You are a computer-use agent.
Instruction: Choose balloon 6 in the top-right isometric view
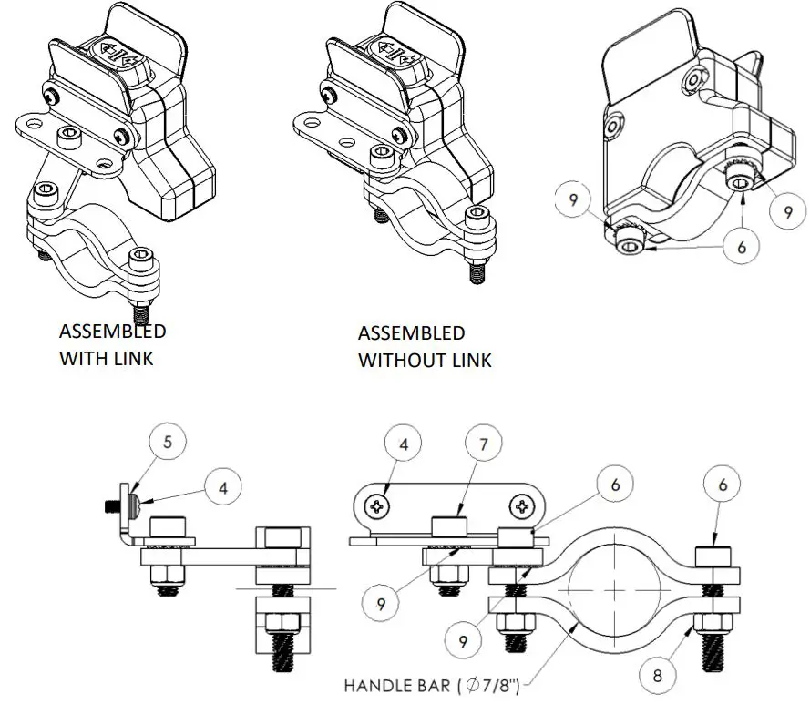741,247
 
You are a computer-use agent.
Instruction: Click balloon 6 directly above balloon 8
721,486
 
